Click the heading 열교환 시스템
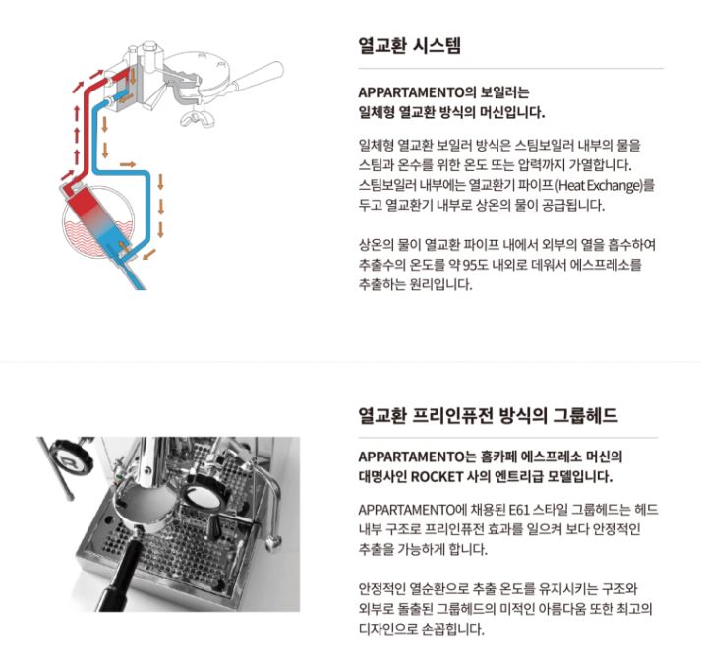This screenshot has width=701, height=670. pyautogui.click(x=410, y=45)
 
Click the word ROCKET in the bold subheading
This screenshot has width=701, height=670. pyautogui.click(x=437, y=477)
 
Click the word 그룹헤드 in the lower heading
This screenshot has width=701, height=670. pyautogui.click(x=586, y=415)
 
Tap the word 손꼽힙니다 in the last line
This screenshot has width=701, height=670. pyautogui.click(x=453, y=629)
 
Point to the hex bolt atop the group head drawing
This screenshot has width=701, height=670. pyautogui.click(x=149, y=46)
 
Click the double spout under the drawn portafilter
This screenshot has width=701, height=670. pyautogui.click(x=198, y=118)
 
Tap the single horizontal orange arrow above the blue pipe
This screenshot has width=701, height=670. pyautogui.click(x=128, y=164)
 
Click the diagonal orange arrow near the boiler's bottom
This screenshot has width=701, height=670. pyautogui.click(x=149, y=254)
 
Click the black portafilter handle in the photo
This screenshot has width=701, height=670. pyautogui.click(x=118, y=575)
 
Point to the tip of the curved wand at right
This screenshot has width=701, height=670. pyautogui.click(x=270, y=546)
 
